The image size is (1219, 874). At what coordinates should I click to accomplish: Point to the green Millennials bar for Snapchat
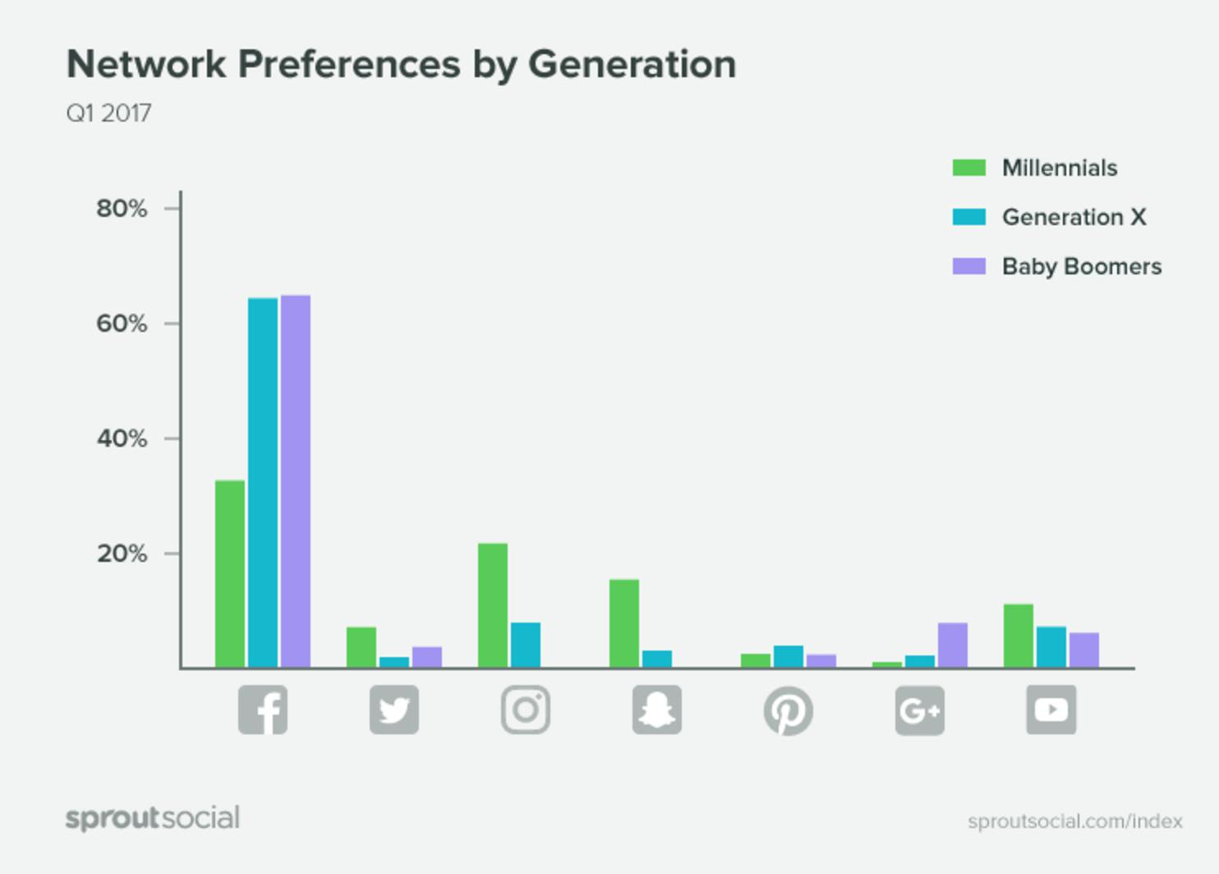click(624, 623)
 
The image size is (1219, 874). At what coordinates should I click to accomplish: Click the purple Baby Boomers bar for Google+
click(953, 646)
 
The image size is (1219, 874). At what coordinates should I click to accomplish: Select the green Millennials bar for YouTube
click(1019, 636)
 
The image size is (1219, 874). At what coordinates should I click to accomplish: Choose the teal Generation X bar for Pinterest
click(789, 657)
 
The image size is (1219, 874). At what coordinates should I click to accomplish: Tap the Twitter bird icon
click(394, 710)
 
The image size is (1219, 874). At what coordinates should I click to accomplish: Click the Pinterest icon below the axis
click(789, 711)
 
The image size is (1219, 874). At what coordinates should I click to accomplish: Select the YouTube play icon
click(1051, 710)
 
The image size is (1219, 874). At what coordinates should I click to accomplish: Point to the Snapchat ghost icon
click(657, 710)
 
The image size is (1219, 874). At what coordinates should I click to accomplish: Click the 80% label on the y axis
click(122, 209)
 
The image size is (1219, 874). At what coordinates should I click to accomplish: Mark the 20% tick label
click(122, 554)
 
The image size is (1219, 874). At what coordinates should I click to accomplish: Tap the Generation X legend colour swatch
click(969, 217)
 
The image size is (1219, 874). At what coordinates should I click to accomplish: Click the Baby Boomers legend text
click(1082, 266)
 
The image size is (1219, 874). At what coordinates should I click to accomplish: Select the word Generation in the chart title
click(632, 65)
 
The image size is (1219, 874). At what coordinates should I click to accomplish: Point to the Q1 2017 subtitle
click(108, 113)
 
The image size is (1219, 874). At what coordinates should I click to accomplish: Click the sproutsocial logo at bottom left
click(153, 818)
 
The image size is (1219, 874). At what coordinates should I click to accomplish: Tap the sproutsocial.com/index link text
click(1075, 821)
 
